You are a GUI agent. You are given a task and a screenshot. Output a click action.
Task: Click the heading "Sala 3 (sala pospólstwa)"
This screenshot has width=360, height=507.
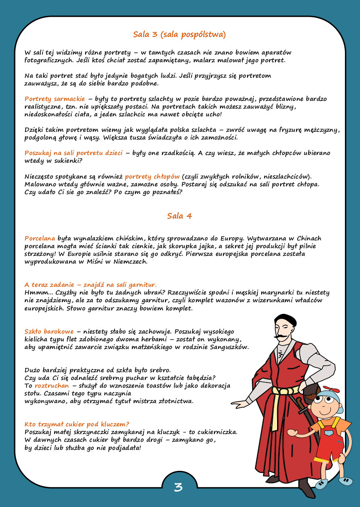[180, 34]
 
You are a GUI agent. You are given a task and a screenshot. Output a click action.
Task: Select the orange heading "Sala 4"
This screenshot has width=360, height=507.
[180, 216]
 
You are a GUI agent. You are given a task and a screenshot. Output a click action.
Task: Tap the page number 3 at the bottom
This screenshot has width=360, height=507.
[178, 487]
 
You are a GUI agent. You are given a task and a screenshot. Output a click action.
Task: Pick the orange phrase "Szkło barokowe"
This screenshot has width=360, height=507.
[49, 331]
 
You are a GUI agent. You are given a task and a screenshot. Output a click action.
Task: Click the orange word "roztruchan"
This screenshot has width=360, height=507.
[52, 386]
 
